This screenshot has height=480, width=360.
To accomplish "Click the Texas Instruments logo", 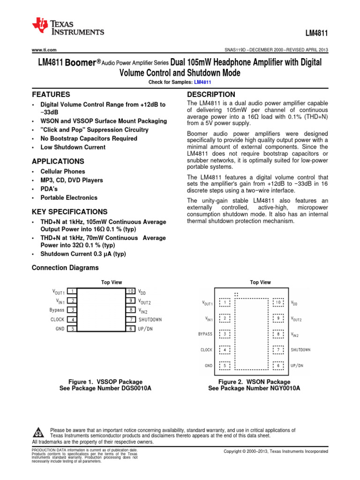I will click(x=68, y=27).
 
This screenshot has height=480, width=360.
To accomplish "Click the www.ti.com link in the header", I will click(x=44, y=50).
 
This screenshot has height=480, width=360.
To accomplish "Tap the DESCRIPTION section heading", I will click(x=211, y=94).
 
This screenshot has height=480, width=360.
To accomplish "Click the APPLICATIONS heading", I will click(x=58, y=161).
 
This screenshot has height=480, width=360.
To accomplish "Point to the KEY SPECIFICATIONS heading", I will click(x=69, y=211).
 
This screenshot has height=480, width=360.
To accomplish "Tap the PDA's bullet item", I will click(x=50, y=189).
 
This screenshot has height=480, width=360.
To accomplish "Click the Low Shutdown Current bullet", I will click(x=73, y=147).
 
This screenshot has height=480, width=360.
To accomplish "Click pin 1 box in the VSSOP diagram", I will click(x=72, y=291).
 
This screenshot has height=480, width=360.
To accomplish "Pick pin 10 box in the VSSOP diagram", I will click(x=131, y=291).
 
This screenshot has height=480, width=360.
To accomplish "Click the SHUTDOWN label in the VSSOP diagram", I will click(x=150, y=320).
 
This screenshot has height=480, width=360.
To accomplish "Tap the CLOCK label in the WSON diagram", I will click(x=206, y=350).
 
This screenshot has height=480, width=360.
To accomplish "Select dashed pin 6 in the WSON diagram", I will click(x=278, y=365).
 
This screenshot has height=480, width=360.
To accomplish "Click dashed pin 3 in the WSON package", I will click(x=225, y=334).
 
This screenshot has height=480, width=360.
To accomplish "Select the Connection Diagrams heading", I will click(x=65, y=268).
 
